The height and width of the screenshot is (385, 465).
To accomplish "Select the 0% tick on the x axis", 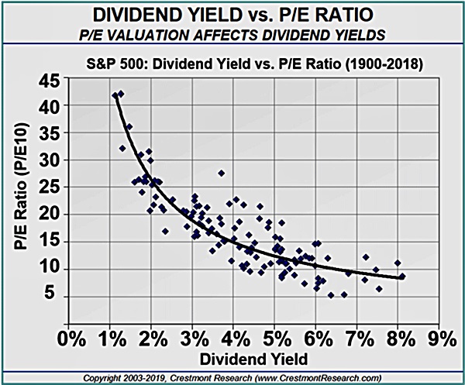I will coord(71,338).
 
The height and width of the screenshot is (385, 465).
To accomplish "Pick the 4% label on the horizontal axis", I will coord(234,338).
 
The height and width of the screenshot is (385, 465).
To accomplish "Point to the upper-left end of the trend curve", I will coord(115,96).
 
